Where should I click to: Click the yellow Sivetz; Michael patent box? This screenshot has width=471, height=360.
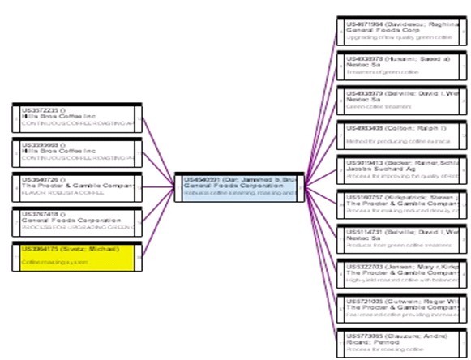(76, 255)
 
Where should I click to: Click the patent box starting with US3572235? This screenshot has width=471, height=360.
(76, 118)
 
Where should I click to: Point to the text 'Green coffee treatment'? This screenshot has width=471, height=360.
(374, 106)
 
